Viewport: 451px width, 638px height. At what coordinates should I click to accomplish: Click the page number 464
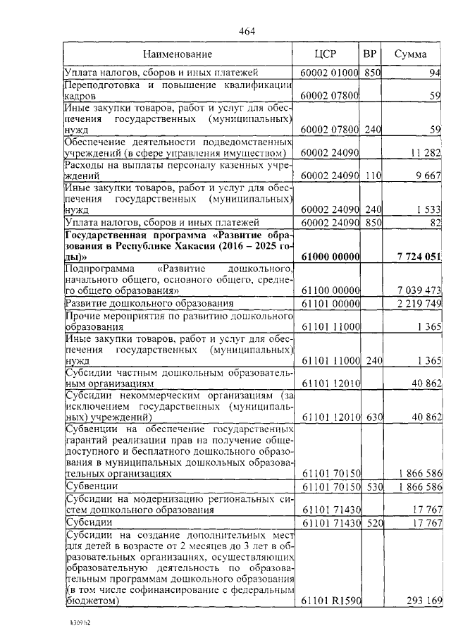247,30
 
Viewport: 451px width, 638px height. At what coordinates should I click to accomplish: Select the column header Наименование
178,54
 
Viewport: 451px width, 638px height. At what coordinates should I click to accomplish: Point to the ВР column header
370,54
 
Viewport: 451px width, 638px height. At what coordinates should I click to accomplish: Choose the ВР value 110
373,176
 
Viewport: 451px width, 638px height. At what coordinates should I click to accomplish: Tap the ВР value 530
373,487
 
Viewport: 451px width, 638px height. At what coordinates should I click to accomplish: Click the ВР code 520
373,522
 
